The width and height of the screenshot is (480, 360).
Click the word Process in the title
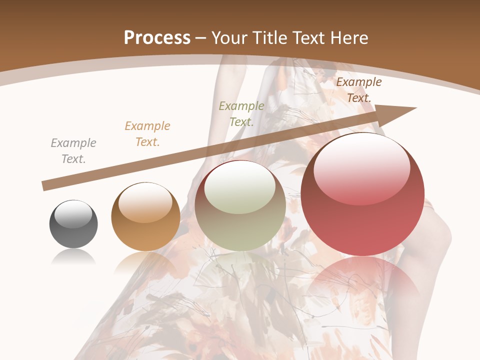(x=157, y=37)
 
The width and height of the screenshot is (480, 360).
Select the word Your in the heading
(x=230, y=37)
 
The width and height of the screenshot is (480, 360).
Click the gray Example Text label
(x=73, y=151)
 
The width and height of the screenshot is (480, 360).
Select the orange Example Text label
(x=147, y=134)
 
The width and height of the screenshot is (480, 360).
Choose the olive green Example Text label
(x=241, y=114)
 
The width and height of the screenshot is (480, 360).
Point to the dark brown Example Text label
(x=359, y=90)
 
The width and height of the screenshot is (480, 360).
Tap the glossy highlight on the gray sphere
(x=73, y=214)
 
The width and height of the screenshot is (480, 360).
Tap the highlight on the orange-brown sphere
(x=145, y=202)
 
